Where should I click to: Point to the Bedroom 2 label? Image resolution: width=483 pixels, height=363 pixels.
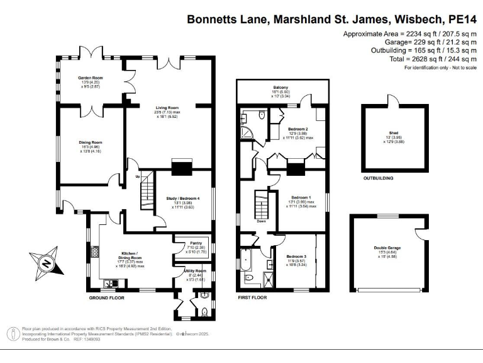click(301, 129)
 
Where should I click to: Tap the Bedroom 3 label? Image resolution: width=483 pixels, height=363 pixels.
click(296, 256)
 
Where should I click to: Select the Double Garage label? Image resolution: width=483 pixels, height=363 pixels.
click(387, 248)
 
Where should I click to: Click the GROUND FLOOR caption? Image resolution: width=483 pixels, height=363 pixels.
click(104, 297)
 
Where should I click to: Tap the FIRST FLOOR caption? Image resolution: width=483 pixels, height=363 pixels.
click(252, 297)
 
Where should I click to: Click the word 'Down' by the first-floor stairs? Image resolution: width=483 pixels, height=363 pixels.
click(261, 221)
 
